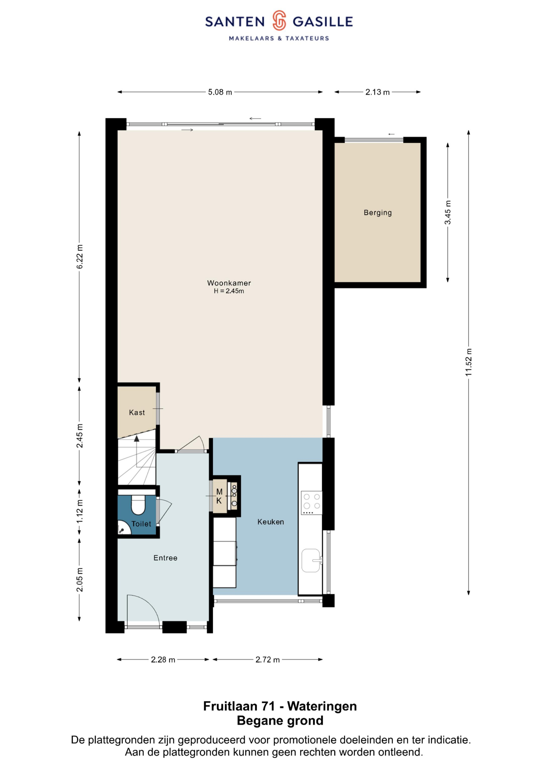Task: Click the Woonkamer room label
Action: click(x=229, y=283)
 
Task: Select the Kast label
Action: click(x=137, y=412)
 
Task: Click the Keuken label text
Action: click(x=270, y=522)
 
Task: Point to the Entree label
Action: click(x=165, y=558)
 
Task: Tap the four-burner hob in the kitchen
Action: click(x=311, y=502)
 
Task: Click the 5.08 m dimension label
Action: click(x=220, y=92)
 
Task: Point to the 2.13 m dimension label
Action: click(x=377, y=92)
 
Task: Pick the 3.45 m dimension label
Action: click(x=448, y=212)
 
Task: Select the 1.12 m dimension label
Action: click(x=79, y=511)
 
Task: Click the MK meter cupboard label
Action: click(x=219, y=496)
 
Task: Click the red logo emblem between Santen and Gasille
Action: click(x=279, y=20)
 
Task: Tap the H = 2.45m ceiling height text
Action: click(x=229, y=291)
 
